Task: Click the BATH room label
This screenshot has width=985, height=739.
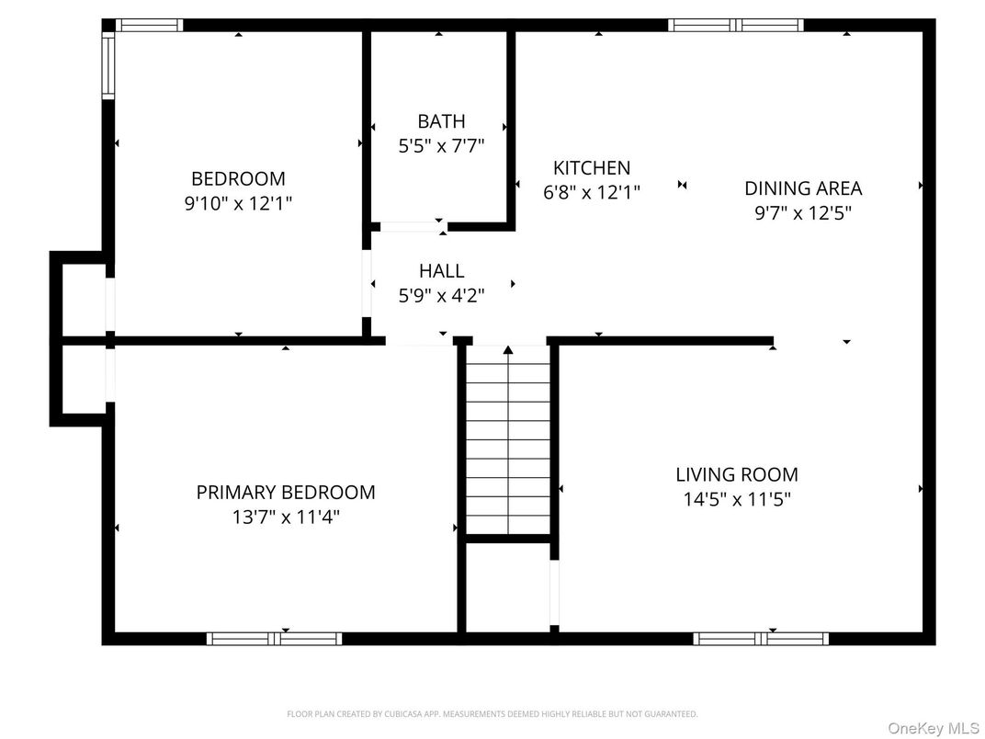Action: pyautogui.click(x=441, y=120)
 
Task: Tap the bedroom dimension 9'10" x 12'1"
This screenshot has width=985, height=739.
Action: pyautogui.click(x=238, y=203)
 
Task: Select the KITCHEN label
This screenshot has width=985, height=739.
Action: pyautogui.click(x=592, y=167)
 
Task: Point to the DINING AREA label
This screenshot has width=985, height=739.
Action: pyautogui.click(x=803, y=188)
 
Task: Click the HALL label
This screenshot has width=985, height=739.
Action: pyautogui.click(x=441, y=271)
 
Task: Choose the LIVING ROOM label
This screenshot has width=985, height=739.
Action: pyautogui.click(x=737, y=474)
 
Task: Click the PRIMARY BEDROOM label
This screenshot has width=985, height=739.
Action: pyautogui.click(x=286, y=492)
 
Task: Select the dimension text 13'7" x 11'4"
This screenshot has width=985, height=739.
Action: pyautogui.click(x=286, y=517)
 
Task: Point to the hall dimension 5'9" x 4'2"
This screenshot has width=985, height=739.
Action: pyautogui.click(x=441, y=295)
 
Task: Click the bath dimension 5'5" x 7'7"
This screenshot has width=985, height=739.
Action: pyautogui.click(x=441, y=145)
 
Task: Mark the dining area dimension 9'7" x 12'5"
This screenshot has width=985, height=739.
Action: pyautogui.click(x=803, y=213)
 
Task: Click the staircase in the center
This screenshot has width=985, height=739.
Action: pyautogui.click(x=508, y=441)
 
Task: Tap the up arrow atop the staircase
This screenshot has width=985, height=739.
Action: pyautogui.click(x=508, y=349)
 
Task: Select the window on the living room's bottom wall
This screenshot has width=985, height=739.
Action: pyautogui.click(x=761, y=638)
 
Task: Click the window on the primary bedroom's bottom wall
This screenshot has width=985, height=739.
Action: pyautogui.click(x=274, y=638)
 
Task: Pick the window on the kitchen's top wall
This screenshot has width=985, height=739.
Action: pyautogui.click(x=735, y=25)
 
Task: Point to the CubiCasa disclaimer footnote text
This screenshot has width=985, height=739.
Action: pyautogui.click(x=492, y=713)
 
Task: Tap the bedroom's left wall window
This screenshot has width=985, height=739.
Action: pyautogui.click(x=108, y=66)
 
